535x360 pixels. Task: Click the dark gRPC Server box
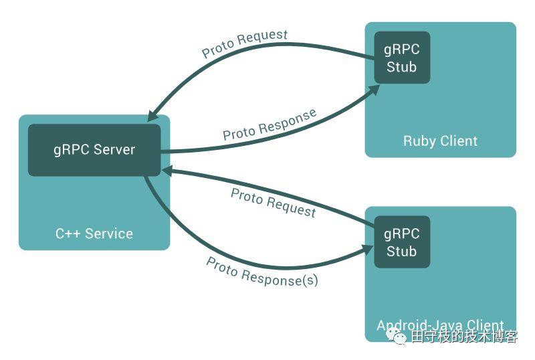[x=94, y=150]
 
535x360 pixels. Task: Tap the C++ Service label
[x=94, y=234]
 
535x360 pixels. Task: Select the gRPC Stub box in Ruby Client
[x=401, y=58]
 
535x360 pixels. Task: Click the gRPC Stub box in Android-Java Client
[x=401, y=242]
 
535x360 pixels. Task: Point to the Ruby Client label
[x=440, y=141]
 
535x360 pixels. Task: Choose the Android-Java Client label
[x=440, y=326]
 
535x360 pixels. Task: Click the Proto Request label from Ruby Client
[x=245, y=43]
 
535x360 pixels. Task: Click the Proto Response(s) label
[x=262, y=272]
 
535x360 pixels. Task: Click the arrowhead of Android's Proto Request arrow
[x=167, y=171]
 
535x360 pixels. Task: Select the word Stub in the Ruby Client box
[x=401, y=67]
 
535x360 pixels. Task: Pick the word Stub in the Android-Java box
[x=401, y=252]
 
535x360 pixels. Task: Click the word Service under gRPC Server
[x=108, y=234]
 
